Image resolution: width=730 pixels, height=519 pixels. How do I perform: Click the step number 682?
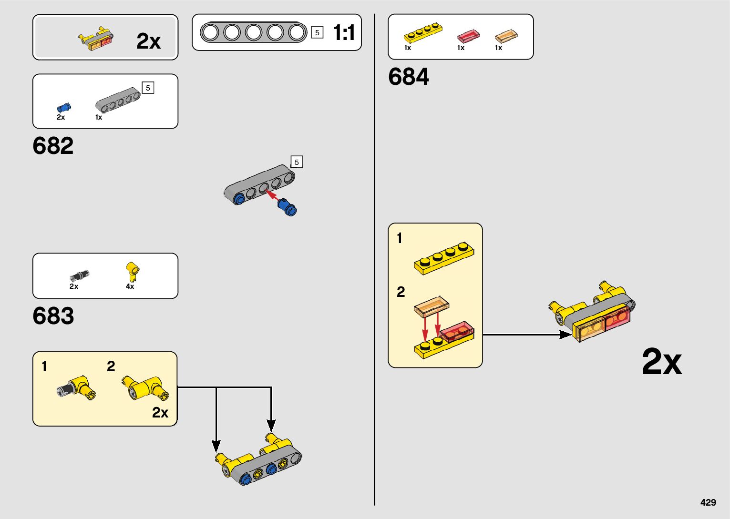click(x=53, y=146)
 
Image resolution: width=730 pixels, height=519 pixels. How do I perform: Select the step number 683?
click(x=53, y=315)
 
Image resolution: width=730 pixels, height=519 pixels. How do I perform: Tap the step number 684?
click(x=408, y=77)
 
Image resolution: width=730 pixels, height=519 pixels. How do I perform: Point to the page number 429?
click(x=708, y=502)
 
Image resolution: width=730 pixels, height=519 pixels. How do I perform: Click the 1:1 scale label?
click(x=344, y=33)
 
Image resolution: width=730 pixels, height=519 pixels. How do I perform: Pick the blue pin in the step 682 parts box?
click(x=63, y=107)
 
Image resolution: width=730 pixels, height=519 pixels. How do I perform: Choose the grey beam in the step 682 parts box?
click(x=118, y=99)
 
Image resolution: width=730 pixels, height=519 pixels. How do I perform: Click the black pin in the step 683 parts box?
click(x=80, y=275)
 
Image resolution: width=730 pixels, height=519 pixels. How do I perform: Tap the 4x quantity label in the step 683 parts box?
click(x=130, y=286)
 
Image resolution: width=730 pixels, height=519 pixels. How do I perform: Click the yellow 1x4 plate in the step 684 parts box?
click(x=422, y=32)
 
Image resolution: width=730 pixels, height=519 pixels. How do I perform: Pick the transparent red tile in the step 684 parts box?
click(x=468, y=36)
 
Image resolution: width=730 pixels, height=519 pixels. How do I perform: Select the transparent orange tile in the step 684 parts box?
click(x=506, y=36)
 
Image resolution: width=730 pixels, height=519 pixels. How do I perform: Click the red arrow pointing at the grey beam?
click(x=273, y=195)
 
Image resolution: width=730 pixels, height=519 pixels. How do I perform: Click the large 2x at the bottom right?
click(x=661, y=362)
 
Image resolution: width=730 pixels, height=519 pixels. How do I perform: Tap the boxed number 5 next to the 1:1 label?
click(x=317, y=33)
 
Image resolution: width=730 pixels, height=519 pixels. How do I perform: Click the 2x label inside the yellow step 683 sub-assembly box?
click(x=160, y=412)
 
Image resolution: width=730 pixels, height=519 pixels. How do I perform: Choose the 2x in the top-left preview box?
click(x=148, y=41)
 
